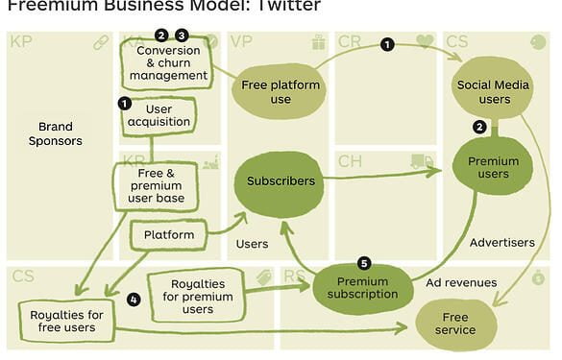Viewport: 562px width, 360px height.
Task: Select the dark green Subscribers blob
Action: click(281, 180)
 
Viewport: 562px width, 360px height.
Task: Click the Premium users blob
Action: click(492, 169)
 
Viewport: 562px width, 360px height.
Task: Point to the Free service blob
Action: click(454, 323)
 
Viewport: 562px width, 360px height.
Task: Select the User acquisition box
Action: click(159, 116)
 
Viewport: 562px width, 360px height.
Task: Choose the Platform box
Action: click(168, 234)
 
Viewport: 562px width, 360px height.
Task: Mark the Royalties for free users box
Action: click(65, 321)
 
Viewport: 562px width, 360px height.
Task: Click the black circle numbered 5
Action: click(363, 263)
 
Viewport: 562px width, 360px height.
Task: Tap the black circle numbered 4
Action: click(134, 299)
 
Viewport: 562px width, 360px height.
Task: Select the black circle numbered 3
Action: click(181, 36)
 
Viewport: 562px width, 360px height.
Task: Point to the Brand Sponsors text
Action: click(56, 133)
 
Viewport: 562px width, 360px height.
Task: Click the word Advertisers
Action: click(501, 243)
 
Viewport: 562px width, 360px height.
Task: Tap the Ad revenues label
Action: click(461, 282)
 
